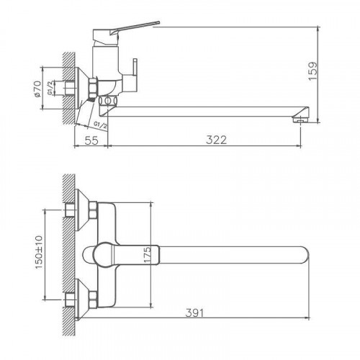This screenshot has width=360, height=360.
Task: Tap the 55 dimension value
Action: coord(91,140)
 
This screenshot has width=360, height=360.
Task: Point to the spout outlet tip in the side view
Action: coord(301,117)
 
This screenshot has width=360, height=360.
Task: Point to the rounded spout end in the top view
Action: coord(306,254)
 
